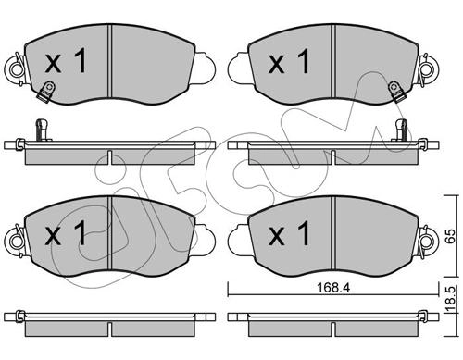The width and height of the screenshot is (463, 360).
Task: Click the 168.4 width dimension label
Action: pos(333,288)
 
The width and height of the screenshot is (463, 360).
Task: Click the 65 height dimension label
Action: pos(451,236)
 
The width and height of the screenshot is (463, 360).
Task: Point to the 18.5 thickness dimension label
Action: pos(451,300)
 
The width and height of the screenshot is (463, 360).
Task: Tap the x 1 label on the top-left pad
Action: pos(66,62)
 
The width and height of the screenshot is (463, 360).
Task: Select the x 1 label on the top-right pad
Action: pos(289,62)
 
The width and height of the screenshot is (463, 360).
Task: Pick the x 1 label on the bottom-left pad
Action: pos(66,233)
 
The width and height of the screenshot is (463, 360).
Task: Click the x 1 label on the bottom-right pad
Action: pos(289,233)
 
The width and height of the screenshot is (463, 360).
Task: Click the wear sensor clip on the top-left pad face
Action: pos(45,92)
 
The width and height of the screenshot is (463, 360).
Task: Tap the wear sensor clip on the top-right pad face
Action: pos(396,92)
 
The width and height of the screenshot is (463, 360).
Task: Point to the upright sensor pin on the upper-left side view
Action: pos(42,130)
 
